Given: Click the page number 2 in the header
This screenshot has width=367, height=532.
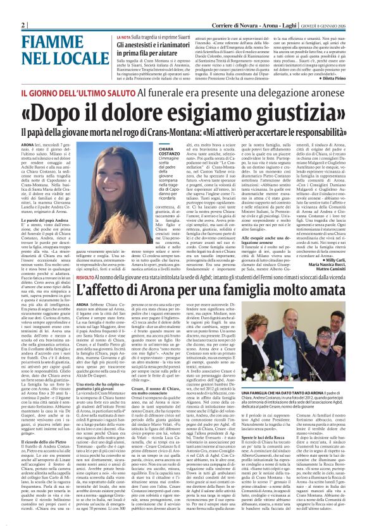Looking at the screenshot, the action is (x=23, y=25).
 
